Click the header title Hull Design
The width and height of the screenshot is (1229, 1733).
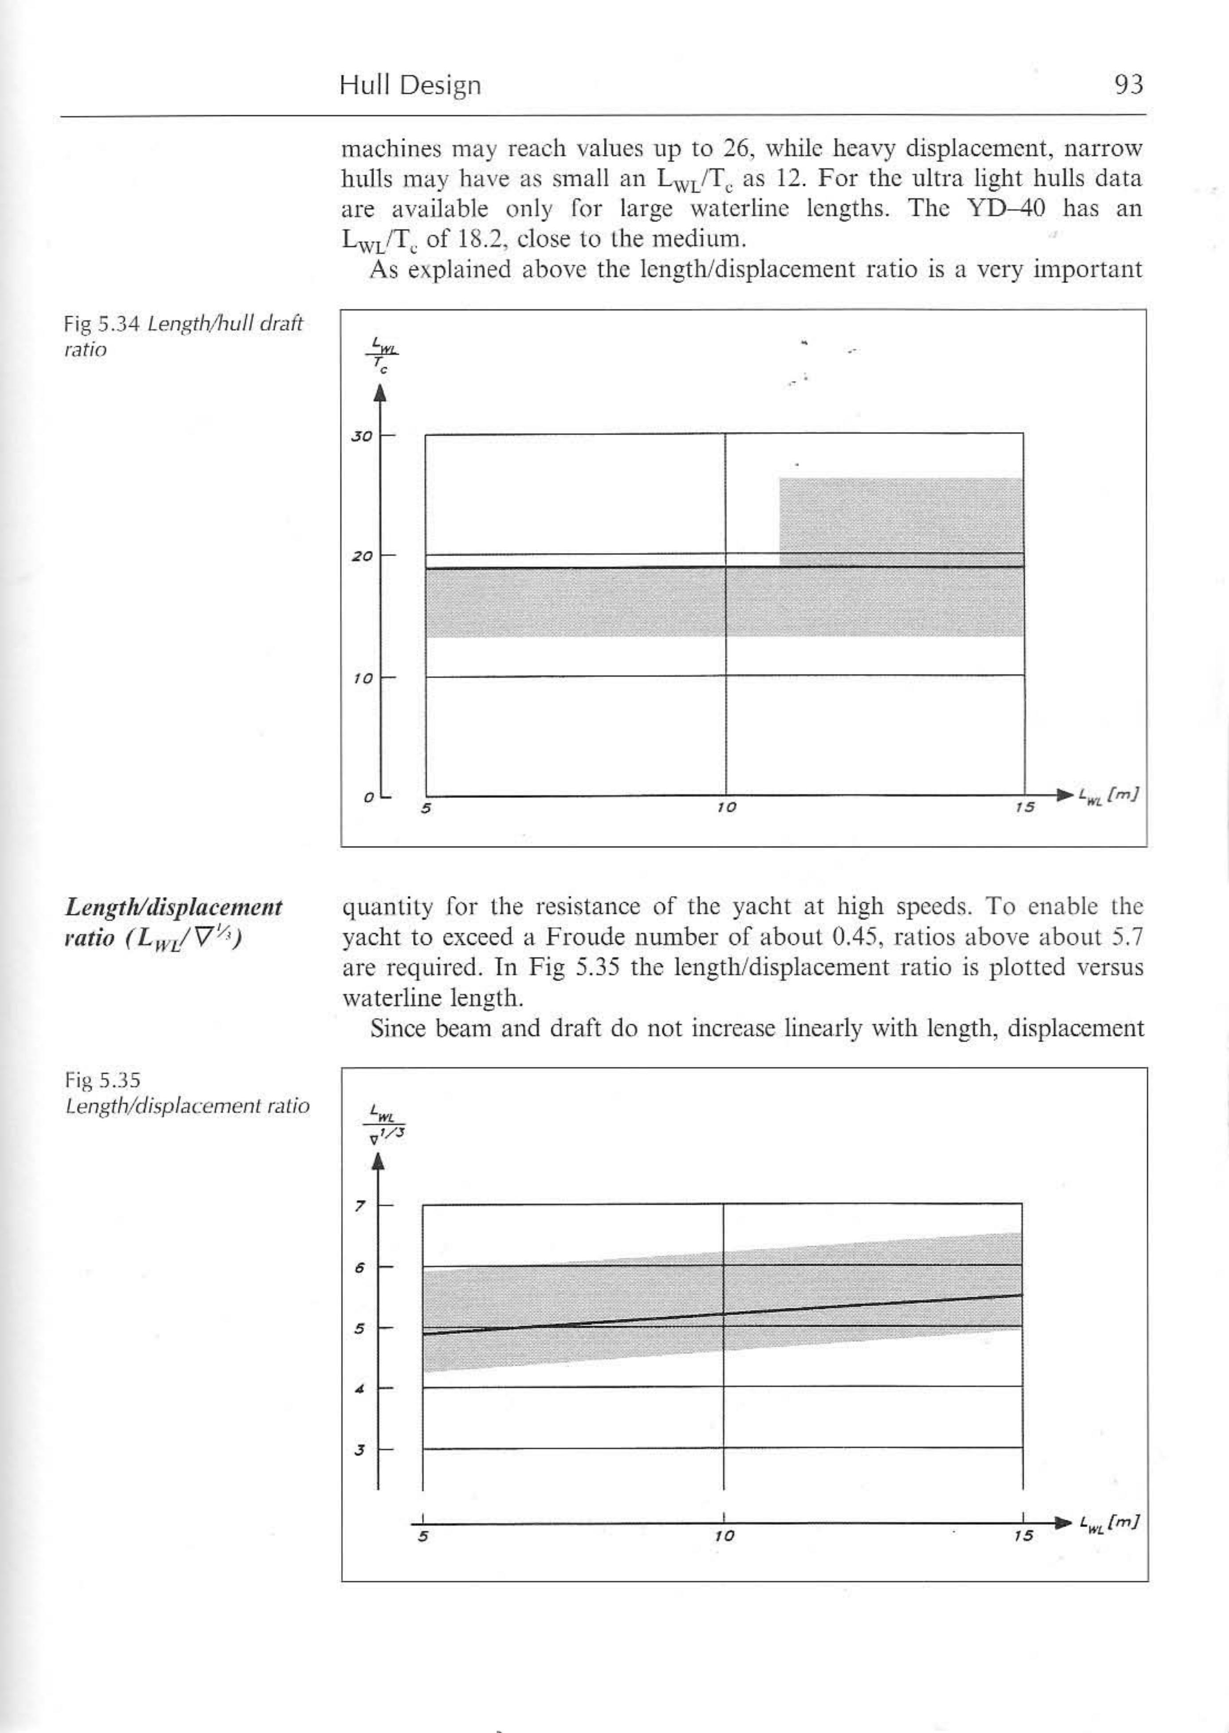(x=410, y=85)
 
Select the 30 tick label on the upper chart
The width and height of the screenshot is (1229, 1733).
(x=362, y=437)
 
